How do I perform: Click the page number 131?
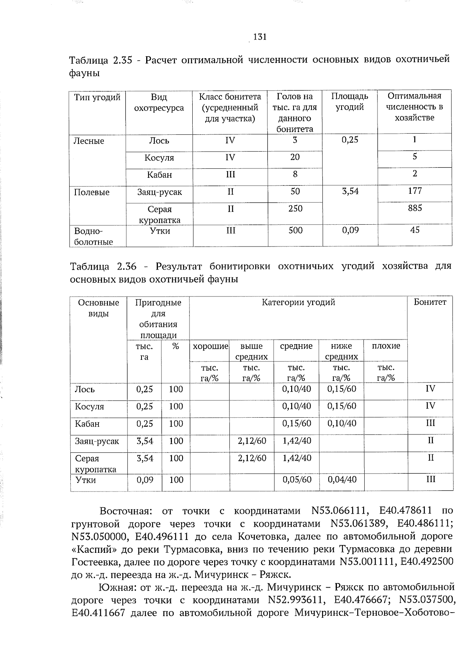(x=260, y=37)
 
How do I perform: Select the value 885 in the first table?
(x=414, y=208)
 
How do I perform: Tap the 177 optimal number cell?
(x=414, y=191)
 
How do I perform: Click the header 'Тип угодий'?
(x=97, y=97)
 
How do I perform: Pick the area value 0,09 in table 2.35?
(x=350, y=231)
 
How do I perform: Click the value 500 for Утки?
(x=295, y=231)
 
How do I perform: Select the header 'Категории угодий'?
(x=298, y=302)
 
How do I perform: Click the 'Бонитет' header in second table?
(x=430, y=302)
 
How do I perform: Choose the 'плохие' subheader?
(x=386, y=346)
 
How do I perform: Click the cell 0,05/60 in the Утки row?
(x=297, y=479)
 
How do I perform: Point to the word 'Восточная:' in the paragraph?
(x=125, y=511)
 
